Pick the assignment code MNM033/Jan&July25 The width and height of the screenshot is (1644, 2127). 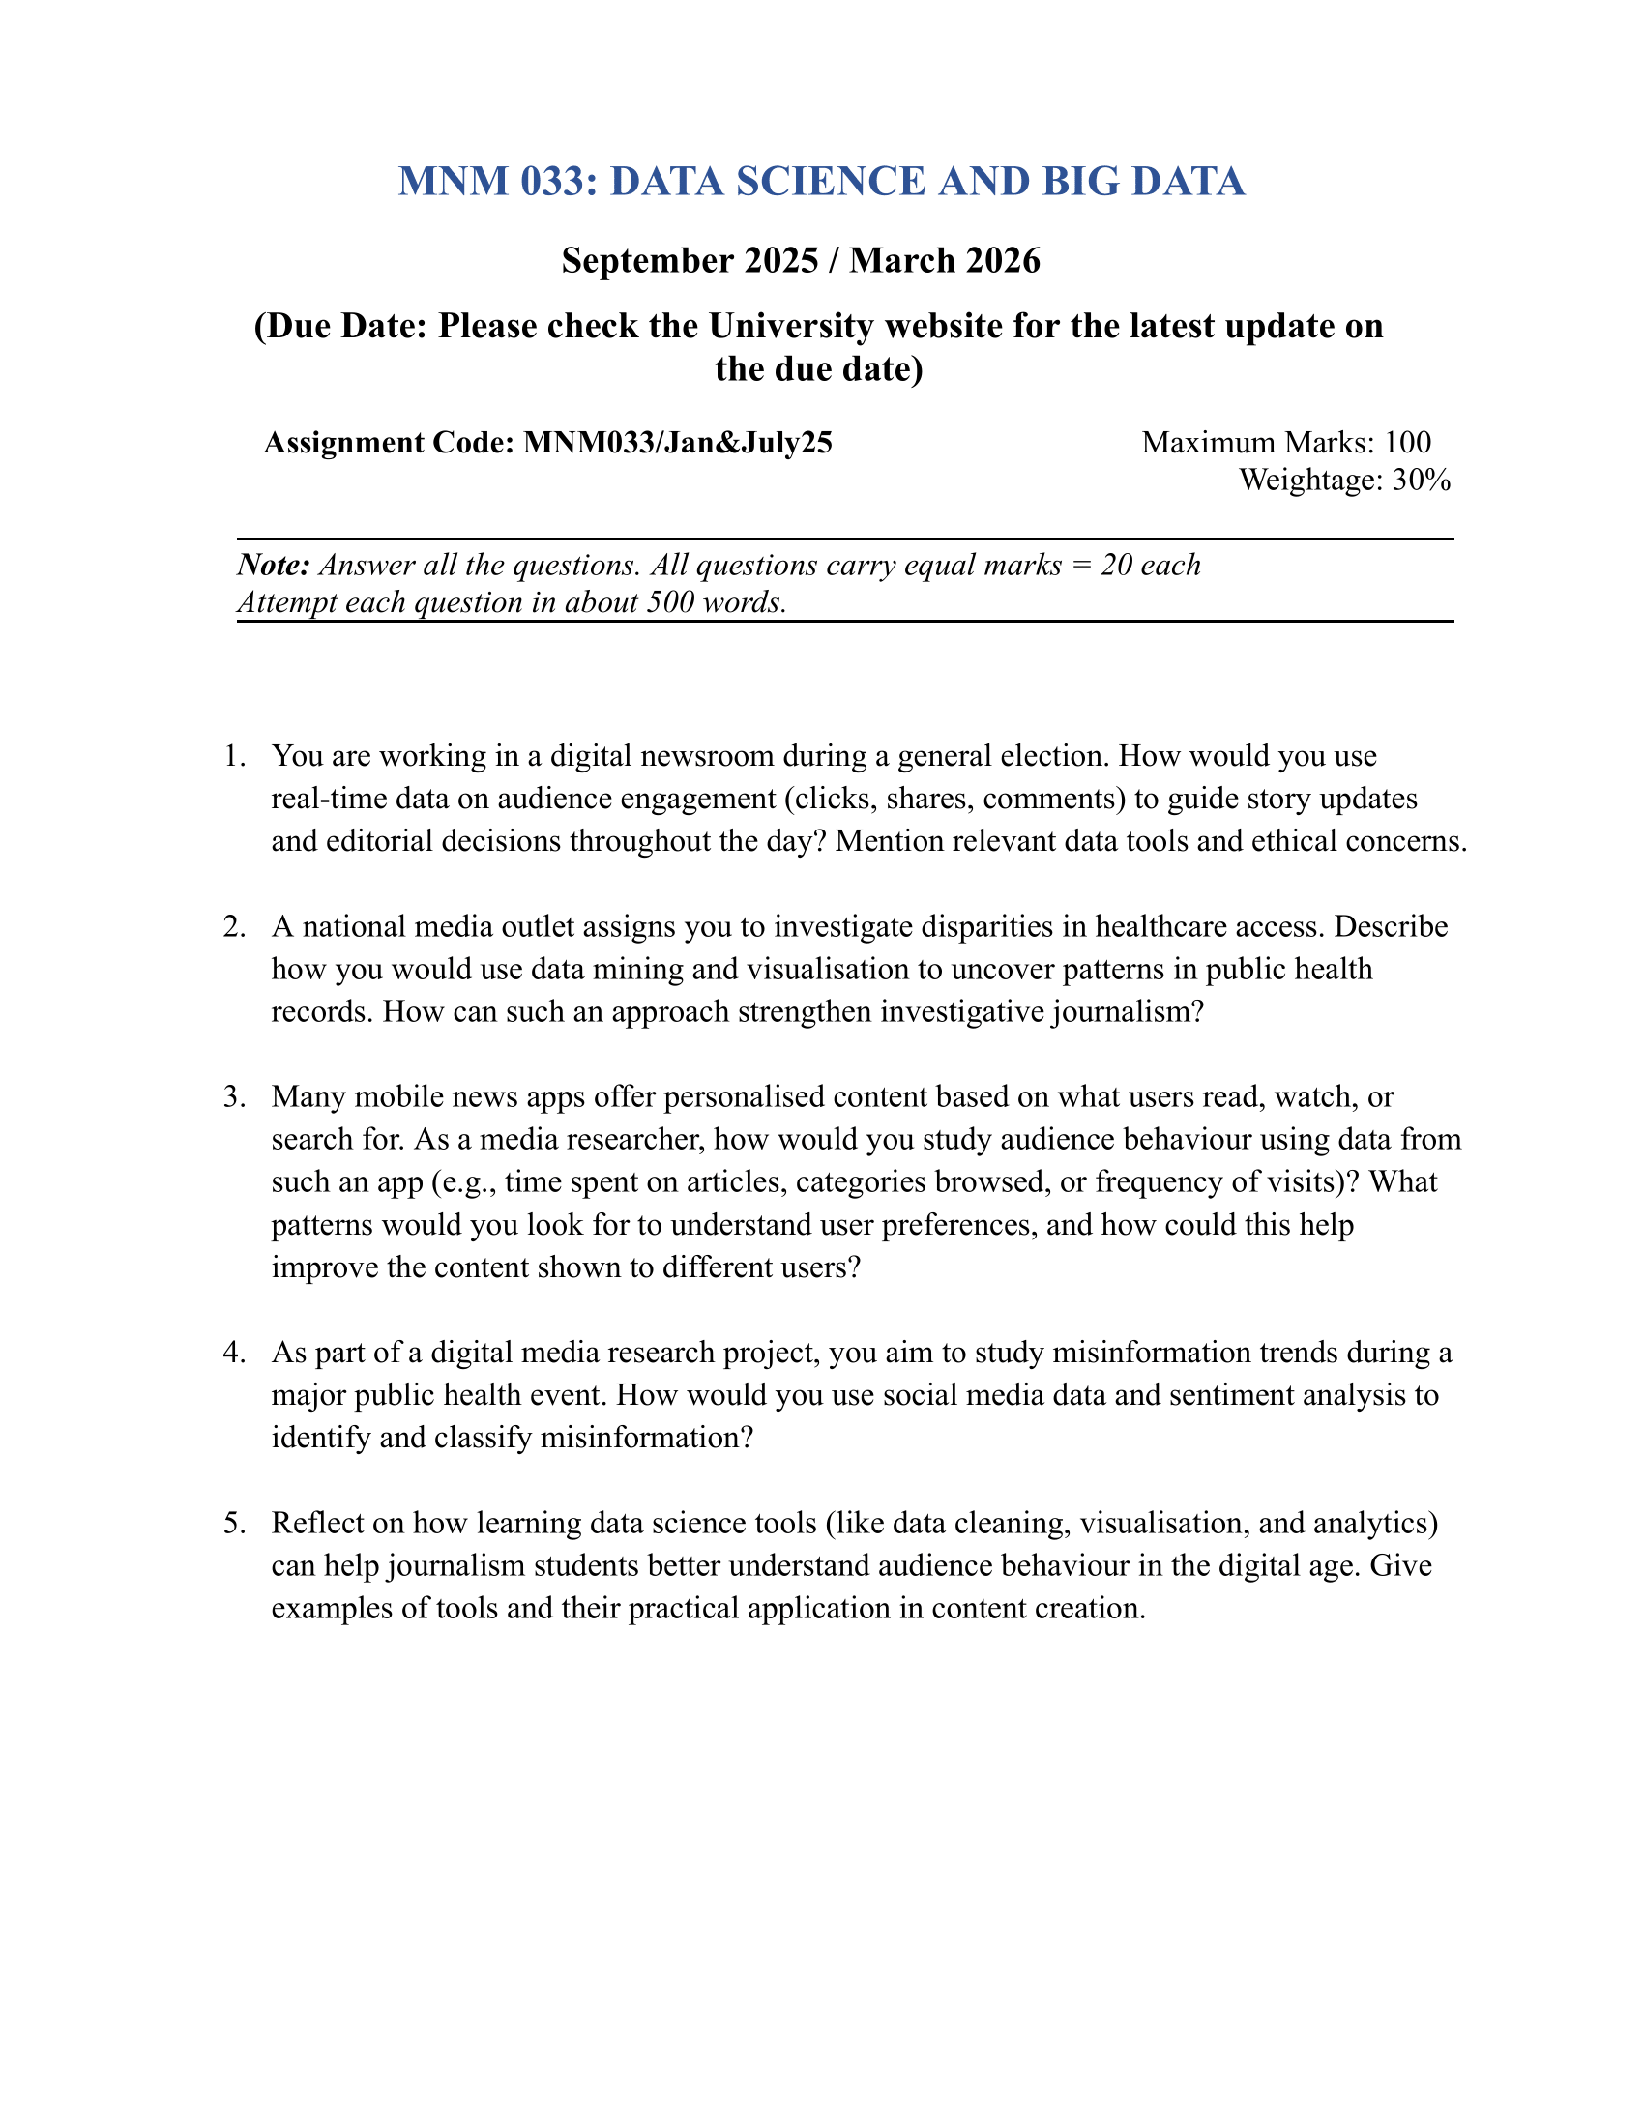coord(678,443)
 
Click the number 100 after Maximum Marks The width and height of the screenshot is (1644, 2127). coord(1407,443)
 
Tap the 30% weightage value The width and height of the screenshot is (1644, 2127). coord(1421,481)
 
